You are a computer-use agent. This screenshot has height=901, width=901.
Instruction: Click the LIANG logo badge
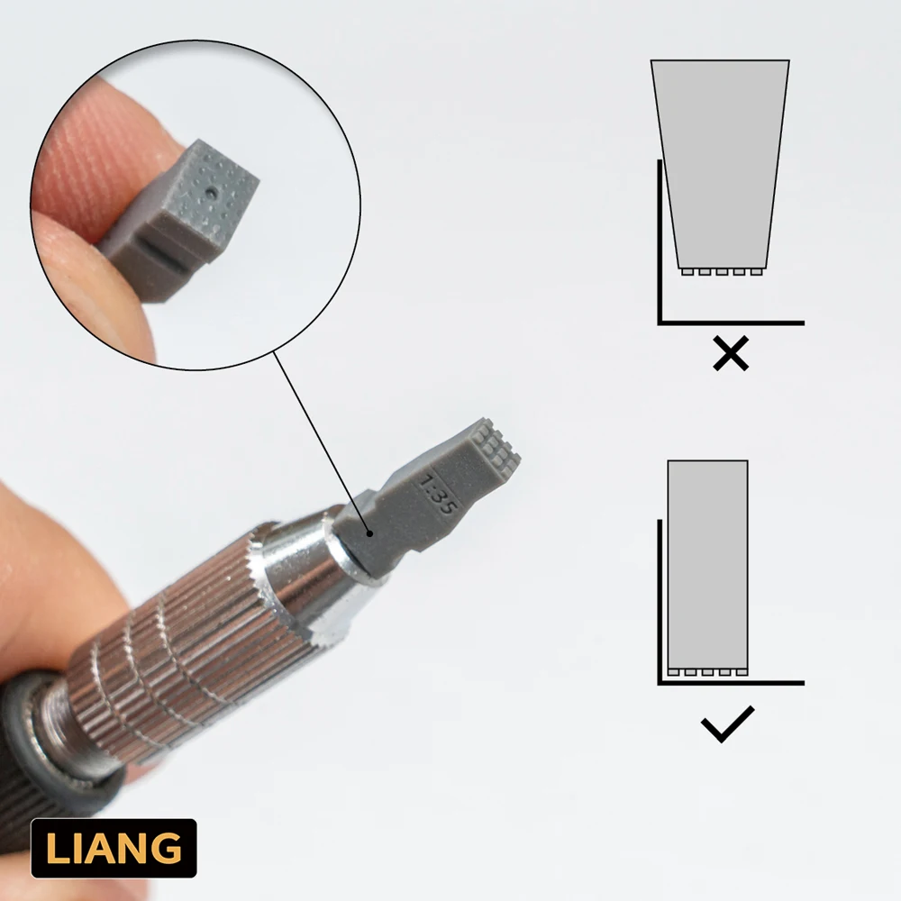[114, 848]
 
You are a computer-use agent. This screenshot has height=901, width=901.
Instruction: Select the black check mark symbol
[726, 724]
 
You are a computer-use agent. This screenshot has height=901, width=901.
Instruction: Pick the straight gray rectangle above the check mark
[707, 563]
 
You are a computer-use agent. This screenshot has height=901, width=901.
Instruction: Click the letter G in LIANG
[168, 849]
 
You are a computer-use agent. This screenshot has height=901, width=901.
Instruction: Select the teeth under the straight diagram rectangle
[708, 672]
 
